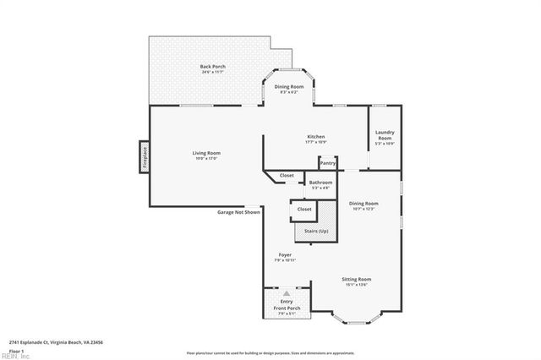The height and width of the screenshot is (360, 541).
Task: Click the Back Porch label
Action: (211, 68)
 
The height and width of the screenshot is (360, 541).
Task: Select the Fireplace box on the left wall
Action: (144, 157)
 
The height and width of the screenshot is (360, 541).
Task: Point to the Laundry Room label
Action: (385, 136)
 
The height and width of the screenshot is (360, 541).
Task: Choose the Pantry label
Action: (328, 162)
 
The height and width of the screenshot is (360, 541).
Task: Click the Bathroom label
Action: (320, 183)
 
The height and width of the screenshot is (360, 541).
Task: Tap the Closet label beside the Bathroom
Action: (287, 175)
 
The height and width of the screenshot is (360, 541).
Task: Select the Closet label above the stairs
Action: (304, 209)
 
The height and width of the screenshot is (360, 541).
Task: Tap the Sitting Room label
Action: (356, 281)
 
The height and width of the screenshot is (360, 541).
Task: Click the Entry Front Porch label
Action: (287, 305)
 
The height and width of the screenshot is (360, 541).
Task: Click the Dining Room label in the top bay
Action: (290, 89)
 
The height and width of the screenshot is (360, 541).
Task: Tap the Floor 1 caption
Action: (16, 350)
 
